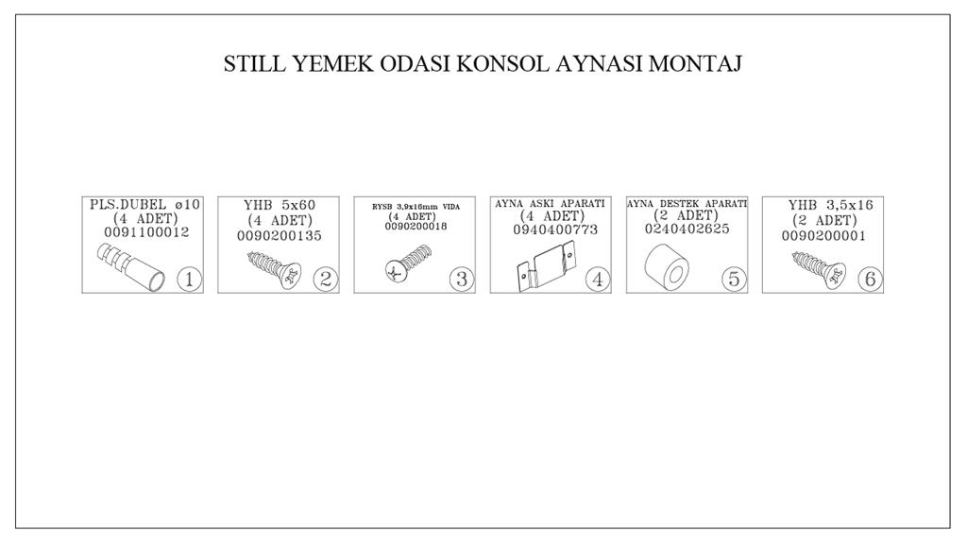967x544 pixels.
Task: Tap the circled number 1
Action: click(x=189, y=280)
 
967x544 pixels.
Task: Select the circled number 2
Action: click(x=325, y=280)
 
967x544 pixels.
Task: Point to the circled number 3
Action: click(x=461, y=280)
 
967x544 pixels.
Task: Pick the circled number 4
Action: click(x=598, y=280)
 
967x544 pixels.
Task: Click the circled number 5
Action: click(x=734, y=280)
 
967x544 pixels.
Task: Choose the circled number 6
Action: click(x=870, y=280)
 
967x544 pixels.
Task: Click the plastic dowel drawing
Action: click(x=130, y=266)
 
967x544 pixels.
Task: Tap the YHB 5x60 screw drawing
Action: click(x=275, y=269)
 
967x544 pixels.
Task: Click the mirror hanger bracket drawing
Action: click(x=546, y=267)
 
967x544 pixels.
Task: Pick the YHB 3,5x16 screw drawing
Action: click(x=819, y=269)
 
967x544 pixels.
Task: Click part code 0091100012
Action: click(x=146, y=232)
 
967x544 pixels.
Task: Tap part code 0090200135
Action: click(x=280, y=235)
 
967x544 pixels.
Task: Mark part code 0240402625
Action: click(x=687, y=229)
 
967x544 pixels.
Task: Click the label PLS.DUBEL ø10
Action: click(x=144, y=204)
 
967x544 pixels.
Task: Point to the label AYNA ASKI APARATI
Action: click(x=551, y=204)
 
